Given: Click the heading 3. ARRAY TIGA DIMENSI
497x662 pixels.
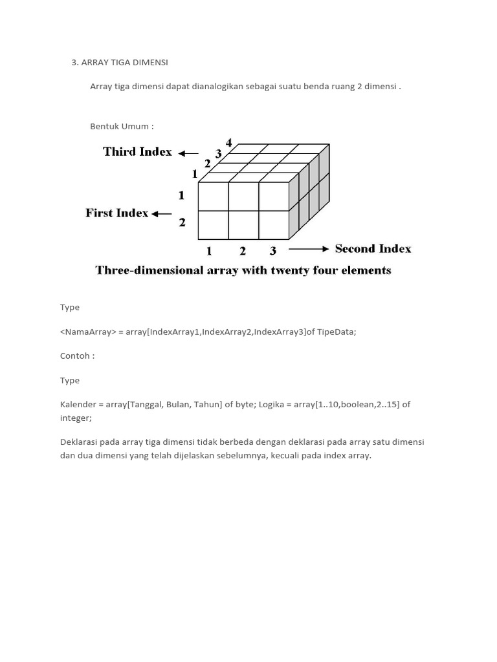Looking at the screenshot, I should click(x=120, y=63).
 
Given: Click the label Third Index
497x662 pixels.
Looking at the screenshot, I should click(x=137, y=152).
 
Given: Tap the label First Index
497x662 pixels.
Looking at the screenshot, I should click(x=116, y=213).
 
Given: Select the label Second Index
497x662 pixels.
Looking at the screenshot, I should click(x=373, y=249).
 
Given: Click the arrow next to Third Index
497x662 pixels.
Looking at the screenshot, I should click(x=188, y=153).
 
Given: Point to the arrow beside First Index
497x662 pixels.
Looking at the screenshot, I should click(x=162, y=214).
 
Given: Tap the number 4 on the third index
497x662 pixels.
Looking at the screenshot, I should click(x=229, y=143).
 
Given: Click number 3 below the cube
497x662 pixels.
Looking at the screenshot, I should click(x=273, y=251).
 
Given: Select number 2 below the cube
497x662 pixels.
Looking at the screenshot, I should click(x=243, y=251).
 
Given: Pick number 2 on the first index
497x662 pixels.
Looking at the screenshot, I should click(x=182, y=222).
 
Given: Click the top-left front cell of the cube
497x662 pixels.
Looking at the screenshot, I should click(x=213, y=196).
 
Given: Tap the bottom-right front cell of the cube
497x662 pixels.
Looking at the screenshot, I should click(x=274, y=225).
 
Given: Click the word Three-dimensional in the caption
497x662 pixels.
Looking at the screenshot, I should click(x=148, y=270).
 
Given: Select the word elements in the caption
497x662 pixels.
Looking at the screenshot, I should click(x=366, y=270).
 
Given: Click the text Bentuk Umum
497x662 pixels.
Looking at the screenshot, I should click(x=122, y=126).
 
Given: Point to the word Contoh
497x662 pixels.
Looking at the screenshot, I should click(x=77, y=356).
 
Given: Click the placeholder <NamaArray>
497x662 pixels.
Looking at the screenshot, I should click(x=88, y=332).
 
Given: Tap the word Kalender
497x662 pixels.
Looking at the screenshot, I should click(x=78, y=405).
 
